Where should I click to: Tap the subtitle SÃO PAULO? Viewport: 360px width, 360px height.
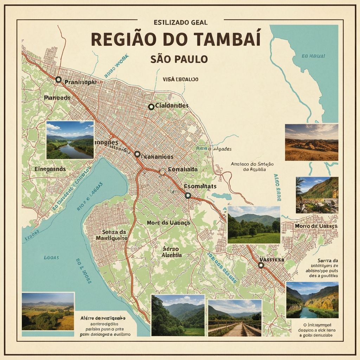coord(179,59)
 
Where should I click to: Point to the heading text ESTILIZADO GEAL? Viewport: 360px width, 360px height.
coord(181,22)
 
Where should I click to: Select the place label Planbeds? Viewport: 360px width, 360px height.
coord(58,98)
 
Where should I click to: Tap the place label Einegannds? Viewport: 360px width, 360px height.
coord(50,169)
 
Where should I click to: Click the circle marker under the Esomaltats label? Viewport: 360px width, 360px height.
coord(188,195)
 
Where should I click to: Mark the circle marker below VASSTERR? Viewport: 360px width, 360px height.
coord(261,265)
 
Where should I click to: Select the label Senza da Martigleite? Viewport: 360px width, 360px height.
coord(111,235)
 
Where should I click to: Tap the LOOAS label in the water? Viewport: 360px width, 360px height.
coord(51,258)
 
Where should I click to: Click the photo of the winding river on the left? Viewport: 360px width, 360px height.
coord(70,140)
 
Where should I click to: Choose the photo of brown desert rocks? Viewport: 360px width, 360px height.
coord(311,142)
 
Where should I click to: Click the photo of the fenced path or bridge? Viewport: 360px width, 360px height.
coord(234,318)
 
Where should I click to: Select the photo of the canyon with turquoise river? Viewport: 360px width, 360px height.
coord(312,300)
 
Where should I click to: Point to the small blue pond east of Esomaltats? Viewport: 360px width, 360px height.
coord(222,196)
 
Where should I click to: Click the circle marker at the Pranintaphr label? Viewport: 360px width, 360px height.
coord(58,80)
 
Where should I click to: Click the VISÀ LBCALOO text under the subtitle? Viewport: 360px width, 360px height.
coord(180,79)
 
